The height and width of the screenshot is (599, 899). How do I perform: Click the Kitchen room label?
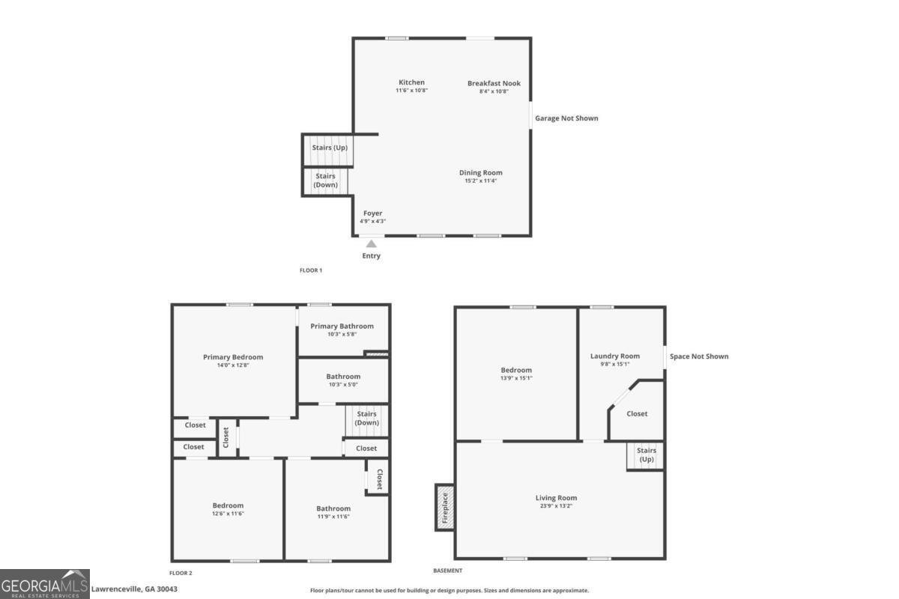[x=411, y=82]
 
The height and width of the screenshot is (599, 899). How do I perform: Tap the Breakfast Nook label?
[x=494, y=83]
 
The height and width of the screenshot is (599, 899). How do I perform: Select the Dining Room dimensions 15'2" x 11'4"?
[x=480, y=180]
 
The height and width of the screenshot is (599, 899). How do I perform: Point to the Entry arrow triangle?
[x=371, y=243]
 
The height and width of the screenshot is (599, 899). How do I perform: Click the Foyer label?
[x=372, y=213]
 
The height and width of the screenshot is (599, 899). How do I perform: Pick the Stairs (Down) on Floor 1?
[x=325, y=180]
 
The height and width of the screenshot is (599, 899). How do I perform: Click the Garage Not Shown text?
[x=566, y=118]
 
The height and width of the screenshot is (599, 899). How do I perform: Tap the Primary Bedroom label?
[x=233, y=357]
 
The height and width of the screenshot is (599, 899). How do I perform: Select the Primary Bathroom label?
[x=342, y=326]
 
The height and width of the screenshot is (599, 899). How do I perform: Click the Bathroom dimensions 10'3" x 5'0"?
[x=343, y=384]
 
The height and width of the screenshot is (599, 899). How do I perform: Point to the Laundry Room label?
[x=614, y=356]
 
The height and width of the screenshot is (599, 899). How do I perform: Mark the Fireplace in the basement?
[x=444, y=508]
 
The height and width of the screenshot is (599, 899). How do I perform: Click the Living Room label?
[x=556, y=498]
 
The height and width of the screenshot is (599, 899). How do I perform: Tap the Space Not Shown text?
[x=698, y=356]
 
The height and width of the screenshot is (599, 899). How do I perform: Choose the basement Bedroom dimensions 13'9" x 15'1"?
[x=516, y=377]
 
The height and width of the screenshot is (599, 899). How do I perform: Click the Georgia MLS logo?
[x=45, y=583]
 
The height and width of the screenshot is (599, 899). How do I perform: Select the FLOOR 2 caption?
[x=181, y=573]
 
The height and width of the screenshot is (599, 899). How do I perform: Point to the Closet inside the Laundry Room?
[x=637, y=414]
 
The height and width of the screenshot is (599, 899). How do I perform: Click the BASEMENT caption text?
[x=447, y=571]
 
